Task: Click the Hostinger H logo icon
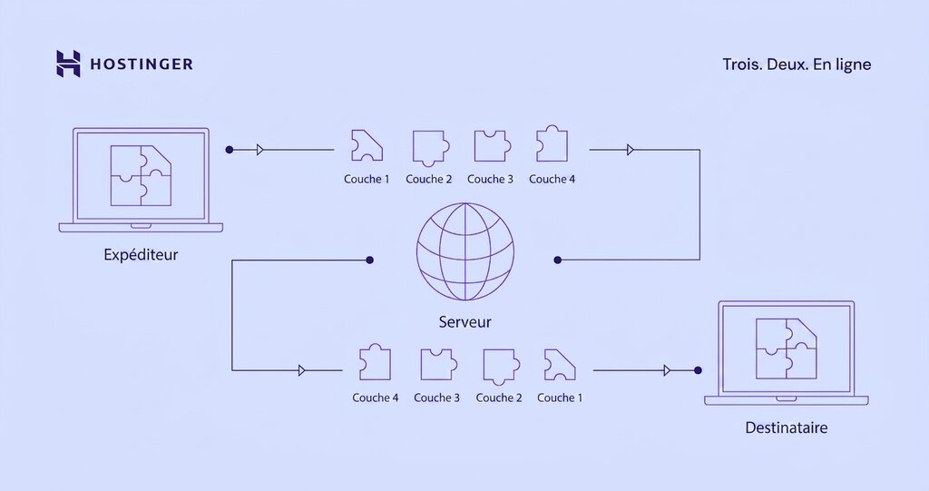(68, 64)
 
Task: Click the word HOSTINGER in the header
(141, 64)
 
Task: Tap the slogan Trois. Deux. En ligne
(797, 64)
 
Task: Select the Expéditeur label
(141, 254)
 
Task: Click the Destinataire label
(786, 427)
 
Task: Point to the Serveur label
(464, 322)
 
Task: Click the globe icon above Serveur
(464, 251)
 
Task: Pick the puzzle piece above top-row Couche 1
(367, 145)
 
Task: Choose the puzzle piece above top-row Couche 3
(490, 145)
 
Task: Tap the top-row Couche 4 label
(552, 179)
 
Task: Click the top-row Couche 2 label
(428, 179)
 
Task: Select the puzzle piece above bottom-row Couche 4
(375, 363)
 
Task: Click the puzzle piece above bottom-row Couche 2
(499, 364)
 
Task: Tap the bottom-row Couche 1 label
(560, 398)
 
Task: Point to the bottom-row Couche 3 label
(436, 398)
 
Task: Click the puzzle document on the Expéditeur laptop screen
(140, 174)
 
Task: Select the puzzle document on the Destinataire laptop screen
(786, 348)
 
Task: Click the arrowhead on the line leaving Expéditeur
(260, 149)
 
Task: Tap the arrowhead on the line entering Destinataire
(668, 369)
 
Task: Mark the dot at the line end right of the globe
(557, 260)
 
